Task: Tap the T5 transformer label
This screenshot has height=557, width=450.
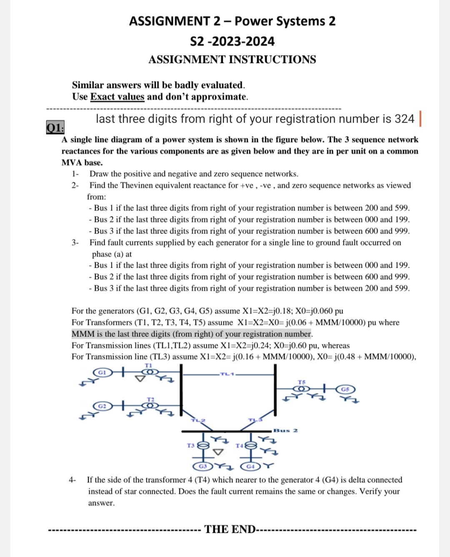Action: pyautogui.click(x=302, y=382)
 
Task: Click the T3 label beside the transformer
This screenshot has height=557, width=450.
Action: pyautogui.click(x=191, y=445)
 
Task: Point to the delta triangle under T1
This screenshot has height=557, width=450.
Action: pyautogui.click(x=141, y=379)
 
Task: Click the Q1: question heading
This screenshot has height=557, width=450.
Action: pyautogui.click(x=55, y=128)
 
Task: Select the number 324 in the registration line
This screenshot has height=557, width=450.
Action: pyautogui.click(x=404, y=119)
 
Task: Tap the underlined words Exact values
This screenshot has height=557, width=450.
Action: pyautogui.click(x=117, y=97)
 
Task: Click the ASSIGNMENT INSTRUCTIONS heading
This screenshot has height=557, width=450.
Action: pyautogui.click(x=232, y=60)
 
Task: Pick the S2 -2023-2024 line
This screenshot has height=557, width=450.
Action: pyautogui.click(x=232, y=41)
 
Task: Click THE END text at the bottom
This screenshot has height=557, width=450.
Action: pyautogui.click(x=230, y=529)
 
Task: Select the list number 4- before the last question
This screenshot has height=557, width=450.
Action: pyautogui.click(x=72, y=480)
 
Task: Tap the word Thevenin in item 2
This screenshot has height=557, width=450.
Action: pyautogui.click(x=136, y=186)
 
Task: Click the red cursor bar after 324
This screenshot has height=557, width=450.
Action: pyautogui.click(x=420, y=118)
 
